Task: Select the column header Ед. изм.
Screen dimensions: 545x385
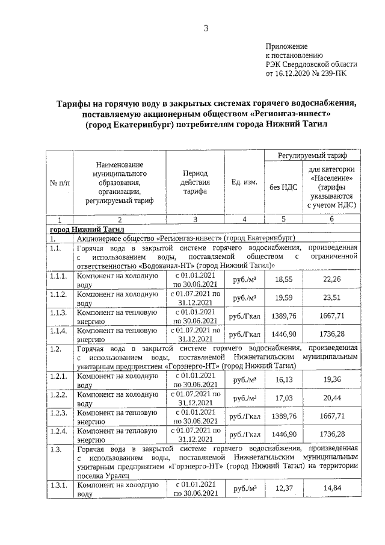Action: pyautogui.click(x=244, y=182)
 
